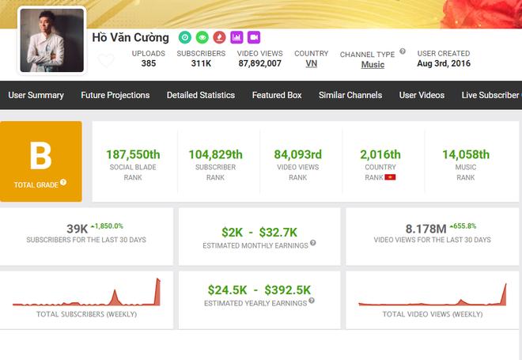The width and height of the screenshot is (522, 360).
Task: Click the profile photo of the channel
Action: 52,40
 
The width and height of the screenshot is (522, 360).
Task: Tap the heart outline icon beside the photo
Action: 106,60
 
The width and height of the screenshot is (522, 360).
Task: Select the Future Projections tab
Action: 115,95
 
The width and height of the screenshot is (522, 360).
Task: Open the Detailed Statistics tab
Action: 200,95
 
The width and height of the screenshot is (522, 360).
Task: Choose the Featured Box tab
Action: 277,95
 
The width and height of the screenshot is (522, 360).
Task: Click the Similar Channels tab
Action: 350,95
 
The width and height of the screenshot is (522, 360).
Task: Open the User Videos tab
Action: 422,95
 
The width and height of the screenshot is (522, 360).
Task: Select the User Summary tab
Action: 36,95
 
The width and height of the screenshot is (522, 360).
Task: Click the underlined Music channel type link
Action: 373,64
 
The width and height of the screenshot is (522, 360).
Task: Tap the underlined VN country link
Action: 311,63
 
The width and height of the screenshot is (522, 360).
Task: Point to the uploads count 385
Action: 149,63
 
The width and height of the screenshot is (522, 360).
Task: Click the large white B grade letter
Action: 40,156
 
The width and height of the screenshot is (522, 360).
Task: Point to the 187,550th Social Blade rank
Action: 132,154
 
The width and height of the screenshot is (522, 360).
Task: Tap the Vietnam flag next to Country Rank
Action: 389,177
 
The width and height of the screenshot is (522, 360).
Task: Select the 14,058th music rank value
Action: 466,154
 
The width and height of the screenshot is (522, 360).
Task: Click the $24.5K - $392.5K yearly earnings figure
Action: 260,290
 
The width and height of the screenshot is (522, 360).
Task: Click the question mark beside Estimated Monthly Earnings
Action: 312,244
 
